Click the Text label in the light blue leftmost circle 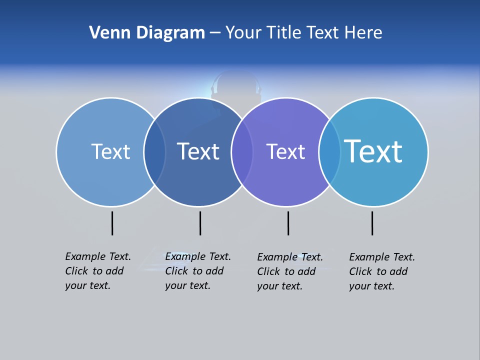pos(110,151)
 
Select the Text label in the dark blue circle pos(198,151)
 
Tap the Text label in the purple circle pos(285,151)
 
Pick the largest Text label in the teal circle pos(373,151)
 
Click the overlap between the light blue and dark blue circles pos(154,152)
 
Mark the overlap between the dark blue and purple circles pos(242,152)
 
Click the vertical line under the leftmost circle pos(112,223)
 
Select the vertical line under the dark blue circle pos(200,223)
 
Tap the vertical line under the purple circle pos(288,223)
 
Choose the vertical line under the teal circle pos(372,223)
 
